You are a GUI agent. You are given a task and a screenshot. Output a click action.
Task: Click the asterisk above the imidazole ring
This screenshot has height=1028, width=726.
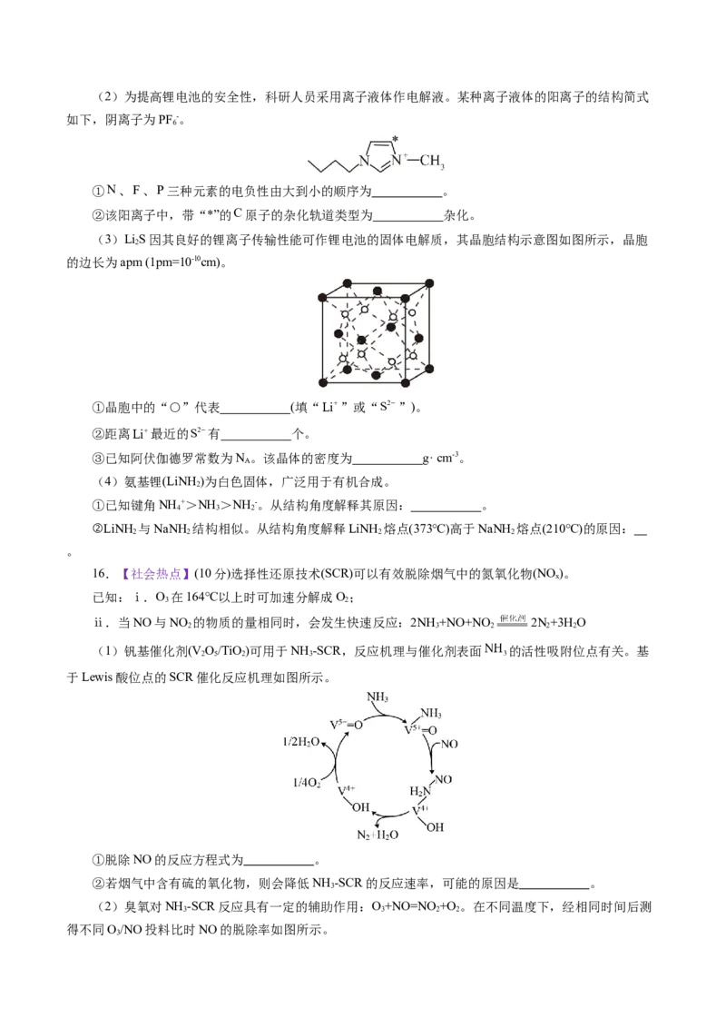pyautogui.click(x=395, y=139)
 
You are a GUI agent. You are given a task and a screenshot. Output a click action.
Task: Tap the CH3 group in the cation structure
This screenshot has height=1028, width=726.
pyautogui.click(x=433, y=162)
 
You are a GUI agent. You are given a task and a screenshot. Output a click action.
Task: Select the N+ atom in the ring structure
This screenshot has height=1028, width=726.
pyautogui.click(x=398, y=159)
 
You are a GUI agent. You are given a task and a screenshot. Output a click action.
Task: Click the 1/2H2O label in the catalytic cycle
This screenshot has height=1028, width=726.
pyautogui.click(x=300, y=742)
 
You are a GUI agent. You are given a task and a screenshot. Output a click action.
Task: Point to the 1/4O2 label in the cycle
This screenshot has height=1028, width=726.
pyautogui.click(x=307, y=783)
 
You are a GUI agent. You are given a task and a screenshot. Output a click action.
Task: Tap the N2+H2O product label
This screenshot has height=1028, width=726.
pyautogui.click(x=378, y=835)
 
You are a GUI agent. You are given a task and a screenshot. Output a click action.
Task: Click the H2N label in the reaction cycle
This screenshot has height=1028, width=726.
pyautogui.click(x=420, y=791)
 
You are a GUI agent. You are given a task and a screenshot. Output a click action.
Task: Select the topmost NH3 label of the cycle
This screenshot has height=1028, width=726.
pyautogui.click(x=377, y=697)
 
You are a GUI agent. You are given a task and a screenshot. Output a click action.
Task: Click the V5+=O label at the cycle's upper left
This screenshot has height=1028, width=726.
pyautogui.click(x=346, y=725)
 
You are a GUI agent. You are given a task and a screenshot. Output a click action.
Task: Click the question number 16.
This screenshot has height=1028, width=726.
pyautogui.click(x=100, y=574)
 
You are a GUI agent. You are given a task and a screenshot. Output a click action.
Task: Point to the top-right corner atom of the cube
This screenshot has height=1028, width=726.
pyautogui.click(x=430, y=283)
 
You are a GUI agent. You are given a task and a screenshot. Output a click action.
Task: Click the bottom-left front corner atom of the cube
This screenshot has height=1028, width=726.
pyautogui.click(x=322, y=383)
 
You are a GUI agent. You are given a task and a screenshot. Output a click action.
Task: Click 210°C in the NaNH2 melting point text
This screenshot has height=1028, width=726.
pyautogui.click(x=563, y=529)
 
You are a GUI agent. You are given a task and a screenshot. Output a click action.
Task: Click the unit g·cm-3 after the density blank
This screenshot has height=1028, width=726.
pyautogui.click(x=440, y=458)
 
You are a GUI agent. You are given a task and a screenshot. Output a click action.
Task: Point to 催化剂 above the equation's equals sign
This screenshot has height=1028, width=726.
pyautogui.click(x=513, y=617)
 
